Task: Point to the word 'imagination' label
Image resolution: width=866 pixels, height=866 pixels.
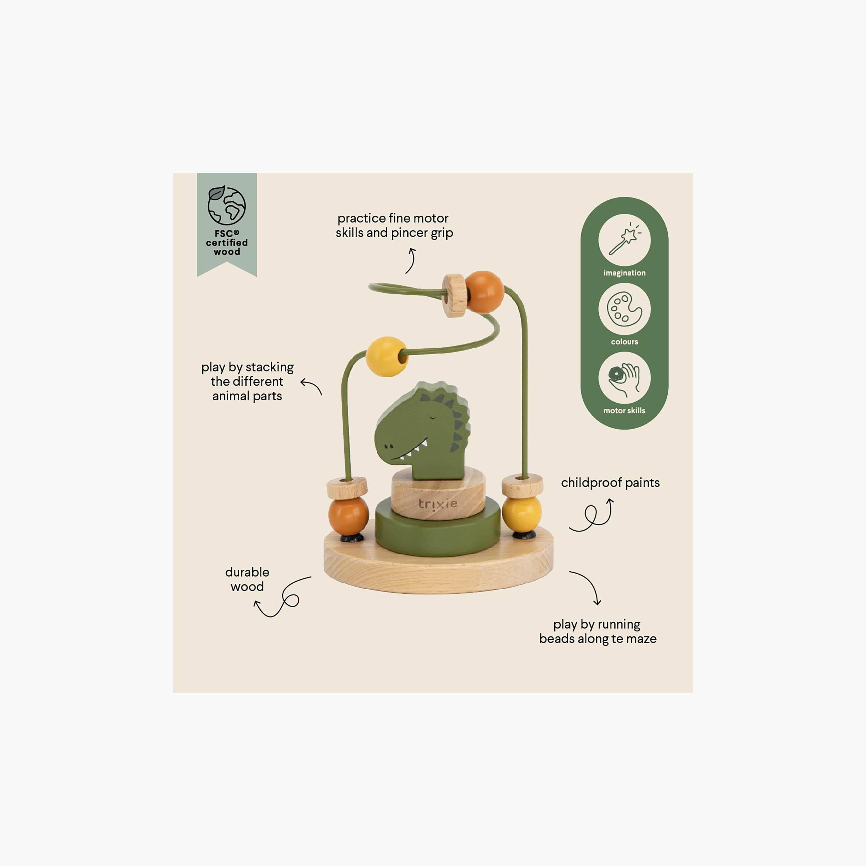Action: [x=624, y=273]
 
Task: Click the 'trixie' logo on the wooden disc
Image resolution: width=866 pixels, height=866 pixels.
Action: [x=438, y=504]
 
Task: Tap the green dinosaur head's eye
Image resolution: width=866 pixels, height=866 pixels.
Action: [x=432, y=418]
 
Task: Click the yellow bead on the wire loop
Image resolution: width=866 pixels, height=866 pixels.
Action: [x=387, y=356]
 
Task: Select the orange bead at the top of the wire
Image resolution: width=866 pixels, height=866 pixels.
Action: [x=485, y=292]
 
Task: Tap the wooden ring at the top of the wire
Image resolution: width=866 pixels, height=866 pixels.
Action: [x=454, y=296]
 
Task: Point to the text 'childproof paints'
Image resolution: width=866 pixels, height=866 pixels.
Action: [x=610, y=483]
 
